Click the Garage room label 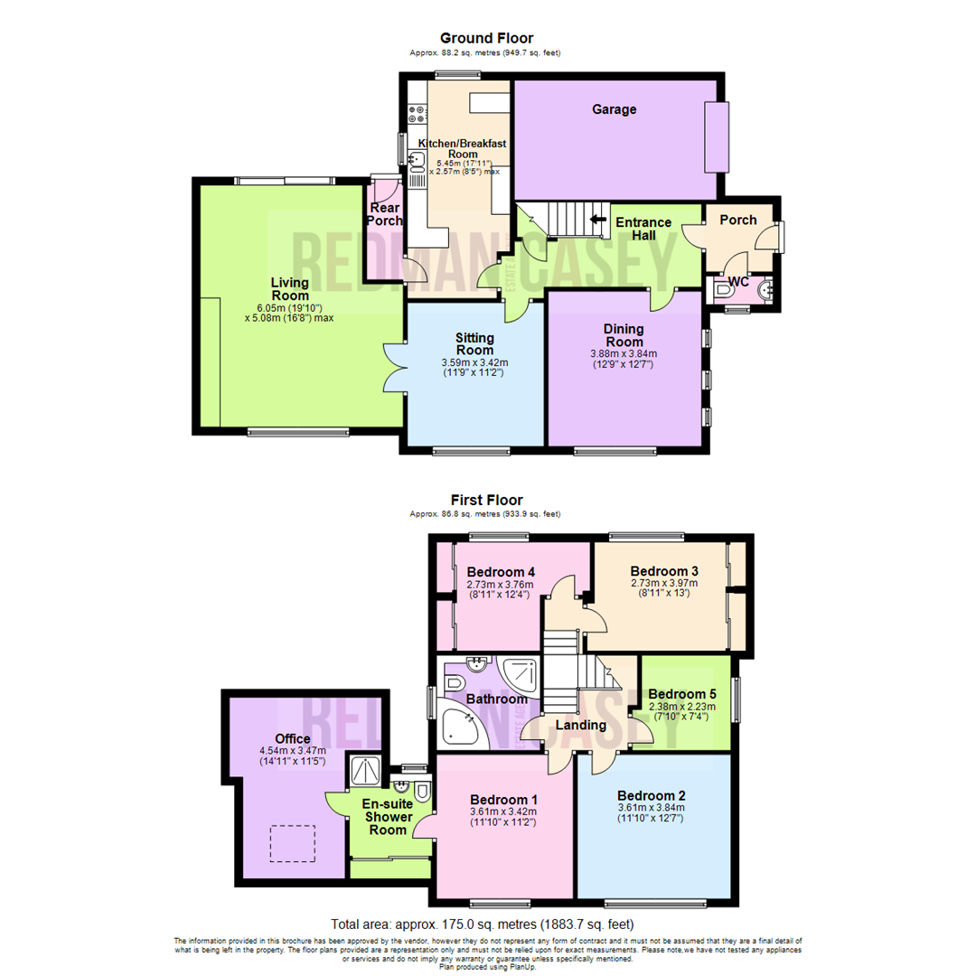pos(614,109)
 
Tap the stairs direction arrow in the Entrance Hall pos(596,219)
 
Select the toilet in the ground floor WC pos(724,290)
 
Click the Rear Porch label pos(385,214)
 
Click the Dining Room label pos(624,335)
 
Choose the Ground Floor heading pos(486,38)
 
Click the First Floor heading pos(486,500)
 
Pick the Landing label pos(581,725)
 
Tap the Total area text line pos(483,924)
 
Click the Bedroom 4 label pos(502,571)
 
